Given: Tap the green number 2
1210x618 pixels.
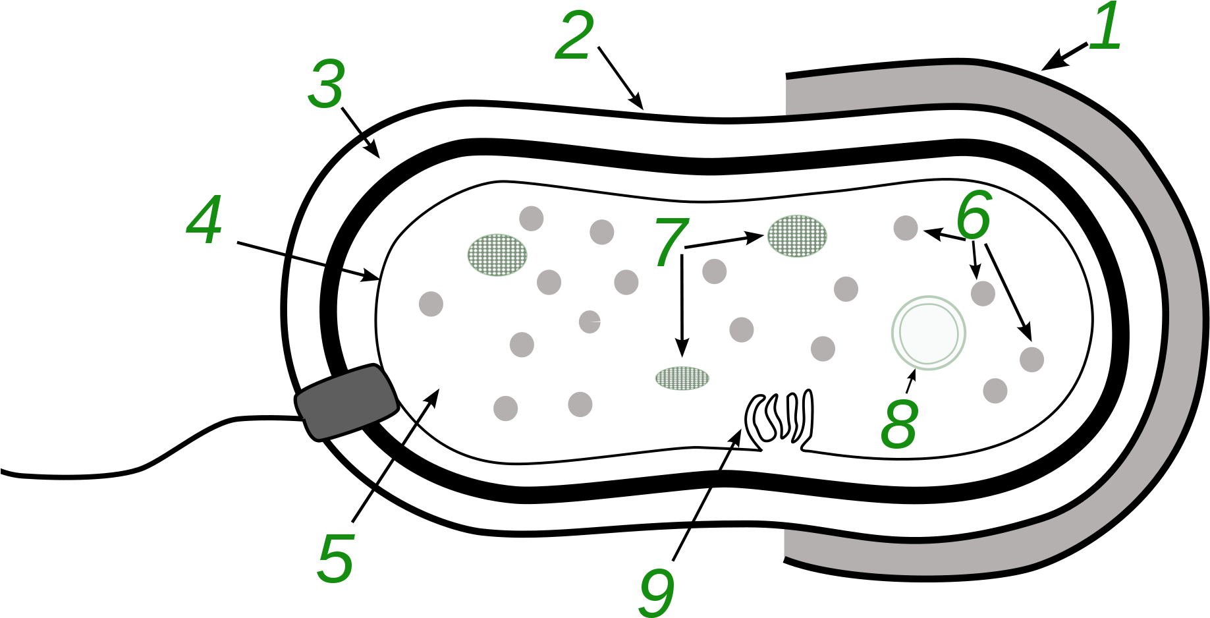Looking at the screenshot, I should tap(574, 36).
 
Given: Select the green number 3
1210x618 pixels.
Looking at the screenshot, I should tap(327, 84).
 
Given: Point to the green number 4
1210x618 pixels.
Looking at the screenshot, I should tap(204, 220).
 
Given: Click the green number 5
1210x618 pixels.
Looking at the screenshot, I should tap(336, 559).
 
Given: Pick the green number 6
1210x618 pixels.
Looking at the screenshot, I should tap(974, 216).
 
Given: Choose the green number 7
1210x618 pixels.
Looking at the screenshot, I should tap(671, 242).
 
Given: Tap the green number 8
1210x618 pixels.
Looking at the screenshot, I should tap(899, 424).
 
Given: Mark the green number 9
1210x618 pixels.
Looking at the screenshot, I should tap(657, 592).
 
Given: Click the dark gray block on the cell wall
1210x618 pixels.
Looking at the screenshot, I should tap(347, 401).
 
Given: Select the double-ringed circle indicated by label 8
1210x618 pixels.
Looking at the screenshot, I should tap(929, 333).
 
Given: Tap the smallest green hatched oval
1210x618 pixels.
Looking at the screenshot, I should tap(682, 378).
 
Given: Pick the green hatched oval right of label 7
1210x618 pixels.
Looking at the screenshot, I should tap(797, 236).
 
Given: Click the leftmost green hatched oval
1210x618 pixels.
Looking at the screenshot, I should tap(497, 254).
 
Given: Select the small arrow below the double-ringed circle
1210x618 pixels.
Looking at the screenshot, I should tap(911, 381).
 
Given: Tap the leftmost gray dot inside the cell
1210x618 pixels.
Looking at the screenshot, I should tap(431, 304).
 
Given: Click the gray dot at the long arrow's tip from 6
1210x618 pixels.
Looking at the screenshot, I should tap(1031, 360).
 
